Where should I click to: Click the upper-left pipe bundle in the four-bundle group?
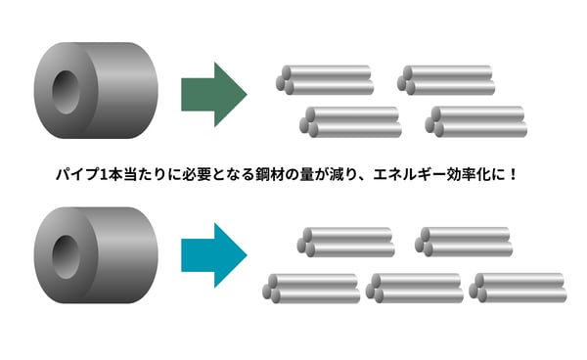pos(326,80)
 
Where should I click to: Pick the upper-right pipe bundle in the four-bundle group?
pos(444,80)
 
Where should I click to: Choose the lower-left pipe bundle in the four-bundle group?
pos(351,121)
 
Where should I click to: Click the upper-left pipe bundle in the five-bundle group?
pos(345,242)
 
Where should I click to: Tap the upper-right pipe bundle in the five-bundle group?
pos(463,242)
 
